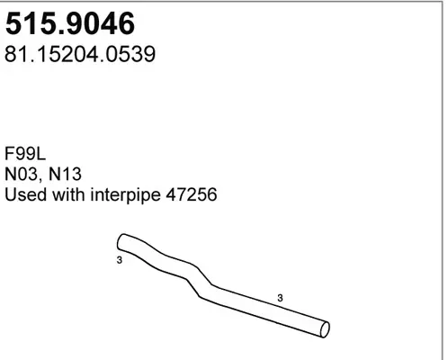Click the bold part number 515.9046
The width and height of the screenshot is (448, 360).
pos(70,23)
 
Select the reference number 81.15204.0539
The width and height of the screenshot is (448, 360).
pos(80,54)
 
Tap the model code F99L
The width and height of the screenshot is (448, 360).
pos(25,154)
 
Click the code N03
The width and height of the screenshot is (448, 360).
pos(22,174)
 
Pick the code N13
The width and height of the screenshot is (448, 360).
pos(65,174)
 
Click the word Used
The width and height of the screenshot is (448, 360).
pos(26,194)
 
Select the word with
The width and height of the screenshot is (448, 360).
pos(68,194)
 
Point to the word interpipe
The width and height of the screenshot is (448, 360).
pos(125,195)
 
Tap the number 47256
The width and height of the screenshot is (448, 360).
pos(192,194)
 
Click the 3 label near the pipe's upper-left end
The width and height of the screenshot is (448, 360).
pos(120,260)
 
